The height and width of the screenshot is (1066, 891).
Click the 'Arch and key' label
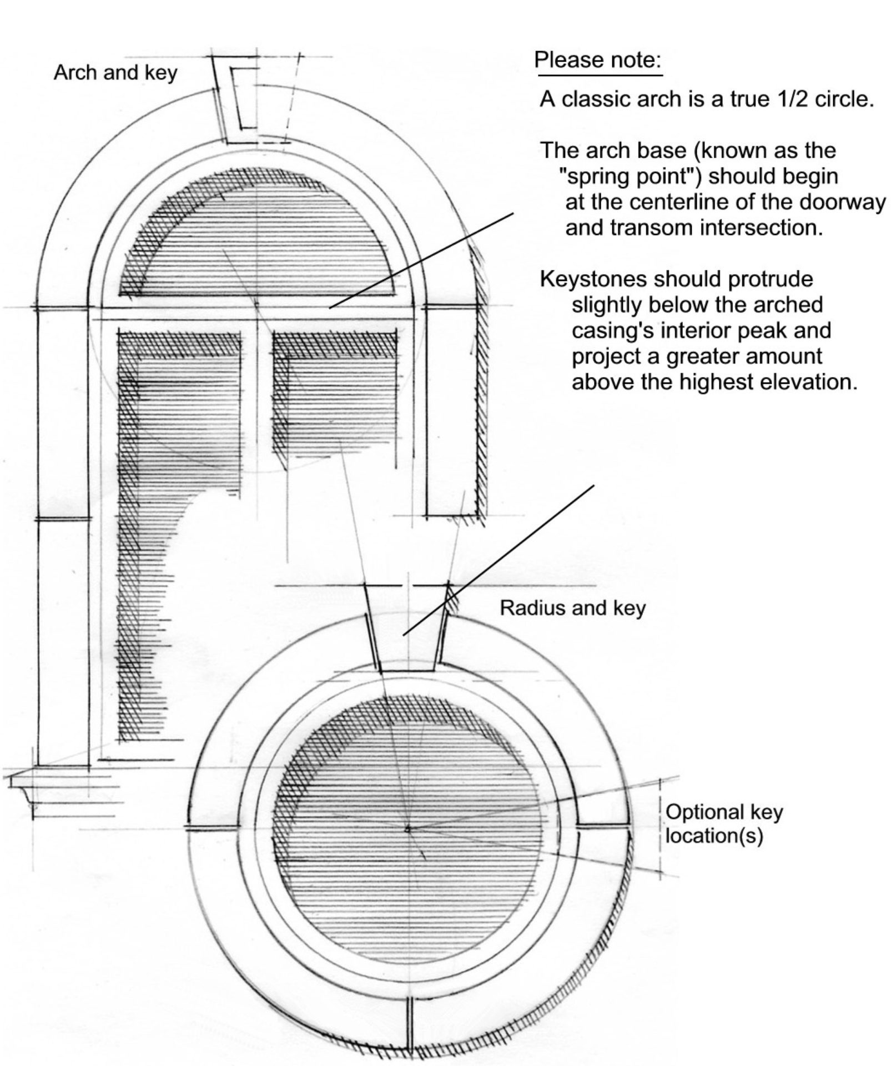(115, 73)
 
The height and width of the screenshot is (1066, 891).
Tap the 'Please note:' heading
(598, 60)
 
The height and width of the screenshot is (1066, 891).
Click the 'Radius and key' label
(572, 607)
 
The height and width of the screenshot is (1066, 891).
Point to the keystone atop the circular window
(407, 638)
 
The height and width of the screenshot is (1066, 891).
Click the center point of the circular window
(407, 829)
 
